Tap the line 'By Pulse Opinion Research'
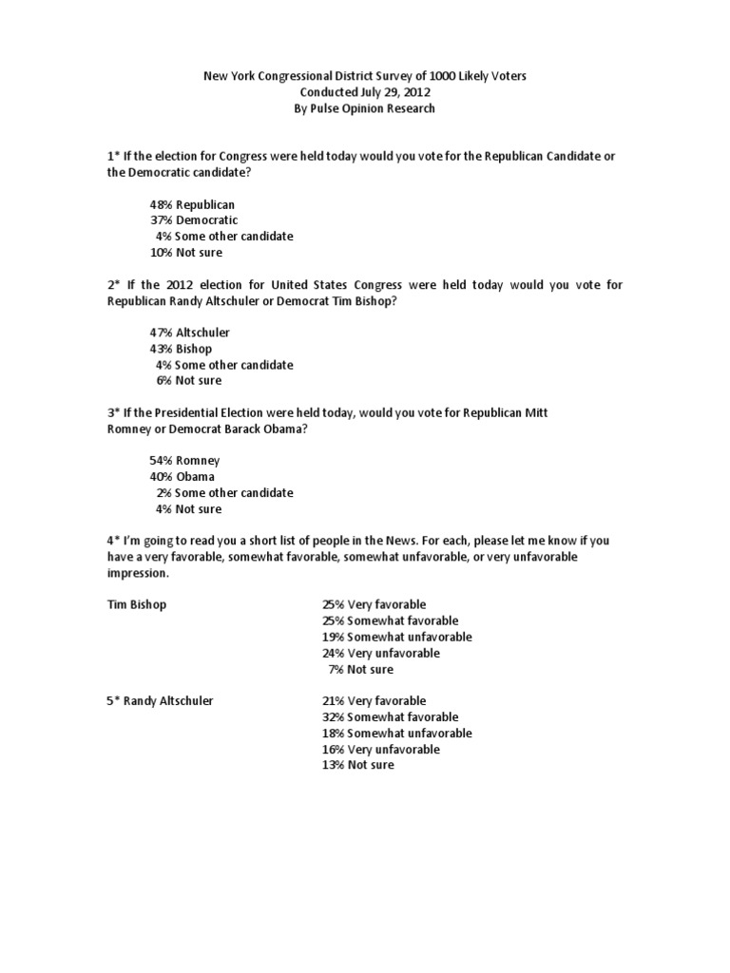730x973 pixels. (x=364, y=108)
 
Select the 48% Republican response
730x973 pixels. (x=192, y=204)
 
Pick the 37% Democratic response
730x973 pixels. (x=194, y=220)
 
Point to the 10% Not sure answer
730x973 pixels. (x=185, y=253)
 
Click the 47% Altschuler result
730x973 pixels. (x=190, y=333)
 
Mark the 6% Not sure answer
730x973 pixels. (x=189, y=380)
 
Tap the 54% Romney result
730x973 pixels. (x=184, y=461)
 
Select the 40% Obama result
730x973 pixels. (x=182, y=477)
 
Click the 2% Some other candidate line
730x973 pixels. (x=225, y=493)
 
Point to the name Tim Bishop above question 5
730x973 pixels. (x=137, y=604)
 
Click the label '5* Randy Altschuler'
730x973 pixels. (x=160, y=701)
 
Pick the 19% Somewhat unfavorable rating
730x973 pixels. (x=397, y=637)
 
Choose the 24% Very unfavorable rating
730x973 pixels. (x=381, y=653)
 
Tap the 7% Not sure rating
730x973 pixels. (x=361, y=669)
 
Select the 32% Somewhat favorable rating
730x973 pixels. (x=390, y=717)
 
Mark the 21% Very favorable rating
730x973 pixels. (x=375, y=701)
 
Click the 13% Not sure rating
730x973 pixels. (x=357, y=765)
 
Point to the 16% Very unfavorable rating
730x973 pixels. (x=381, y=749)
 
